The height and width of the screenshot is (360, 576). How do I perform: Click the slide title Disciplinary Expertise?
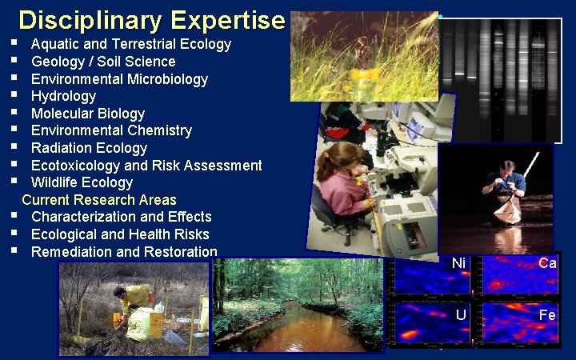pos(152,19)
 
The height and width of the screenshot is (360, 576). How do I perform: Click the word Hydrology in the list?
pos(63,96)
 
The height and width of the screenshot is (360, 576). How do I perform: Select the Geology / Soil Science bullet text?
pos(103,62)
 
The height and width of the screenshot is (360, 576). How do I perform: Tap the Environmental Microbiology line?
pos(119,79)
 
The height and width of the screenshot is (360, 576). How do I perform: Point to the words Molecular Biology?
pos(88,114)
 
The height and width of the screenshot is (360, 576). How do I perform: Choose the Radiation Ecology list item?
pos(89,148)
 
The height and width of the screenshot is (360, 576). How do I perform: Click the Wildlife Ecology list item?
pos(82,182)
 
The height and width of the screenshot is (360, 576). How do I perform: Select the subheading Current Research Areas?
pos(99,200)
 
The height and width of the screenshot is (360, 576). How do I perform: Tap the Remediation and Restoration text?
pos(124,252)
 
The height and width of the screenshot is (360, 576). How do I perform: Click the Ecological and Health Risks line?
pos(120,234)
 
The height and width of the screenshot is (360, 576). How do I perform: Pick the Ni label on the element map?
pos(458,263)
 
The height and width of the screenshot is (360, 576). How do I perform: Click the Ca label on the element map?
pos(547,263)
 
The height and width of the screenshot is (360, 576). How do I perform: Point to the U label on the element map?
pos(461,314)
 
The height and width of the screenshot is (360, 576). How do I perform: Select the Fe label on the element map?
pos(547,314)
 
